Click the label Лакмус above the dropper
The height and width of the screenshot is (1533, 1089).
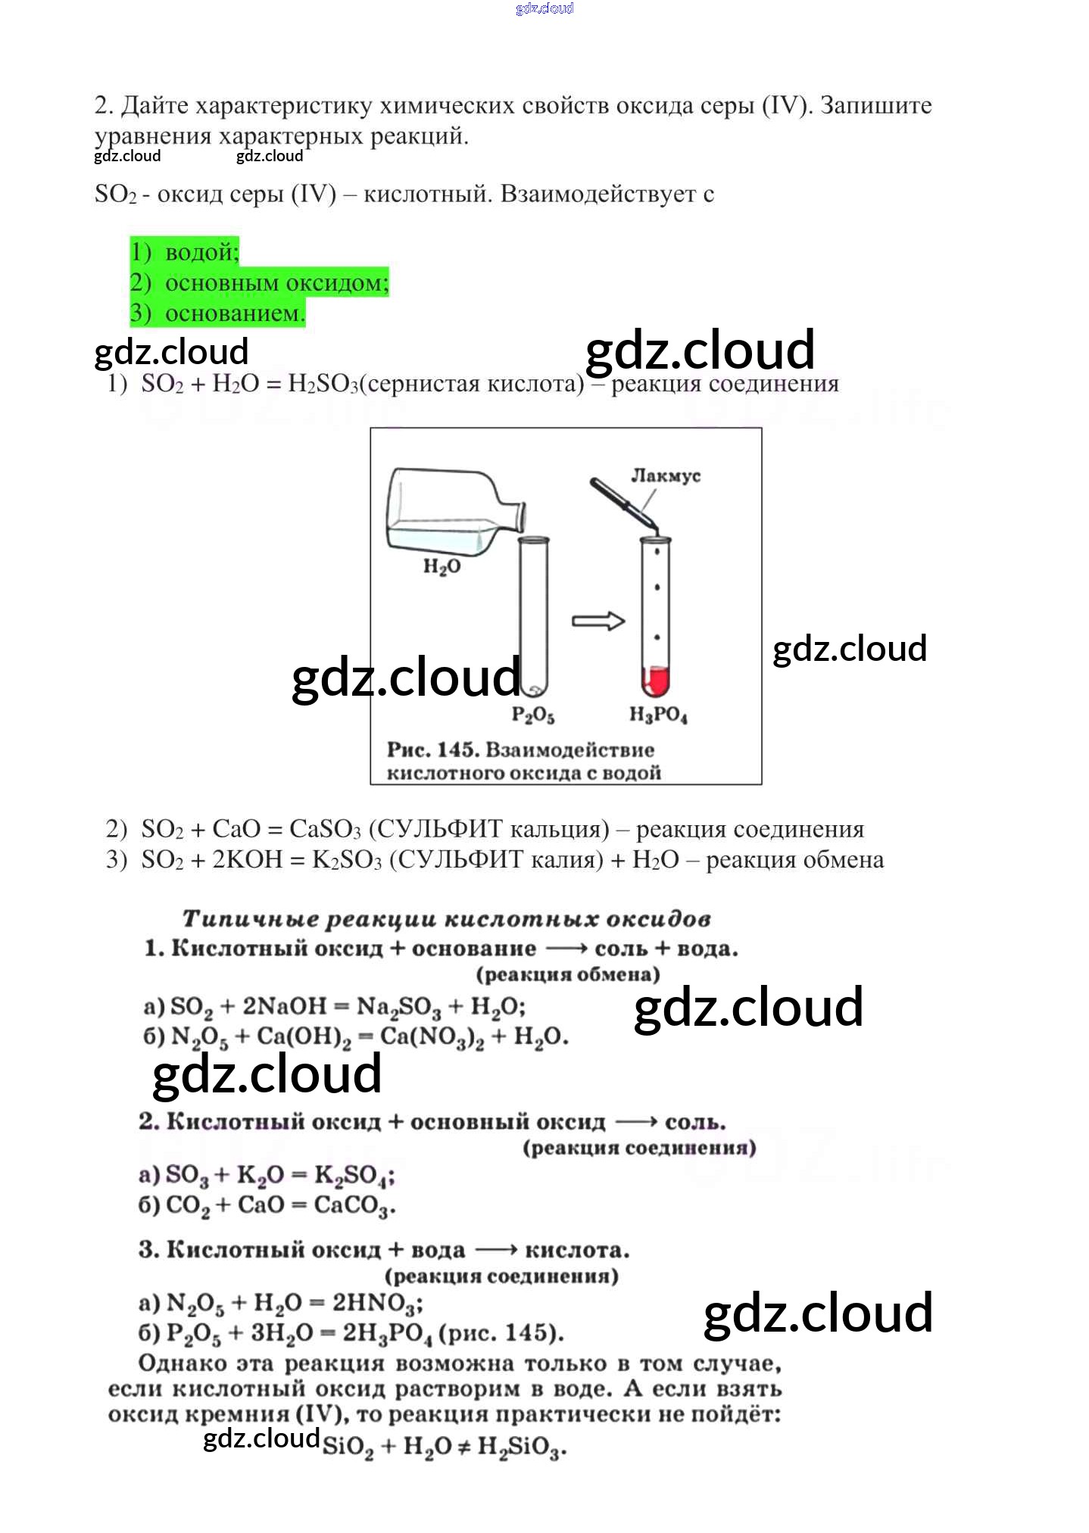coord(666,475)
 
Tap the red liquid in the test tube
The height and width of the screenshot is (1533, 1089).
coord(656,680)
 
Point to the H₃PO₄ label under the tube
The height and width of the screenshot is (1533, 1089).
coord(658,714)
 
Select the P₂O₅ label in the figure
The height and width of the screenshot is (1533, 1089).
coord(533,714)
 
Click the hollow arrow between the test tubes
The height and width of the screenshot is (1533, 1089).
coord(598,621)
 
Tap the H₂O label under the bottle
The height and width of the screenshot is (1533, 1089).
coord(442,566)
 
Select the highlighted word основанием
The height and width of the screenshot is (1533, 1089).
coord(235,313)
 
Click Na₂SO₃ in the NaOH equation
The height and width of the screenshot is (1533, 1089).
coord(398,1007)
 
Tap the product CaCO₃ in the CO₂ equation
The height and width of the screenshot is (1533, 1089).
coord(354,1205)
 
